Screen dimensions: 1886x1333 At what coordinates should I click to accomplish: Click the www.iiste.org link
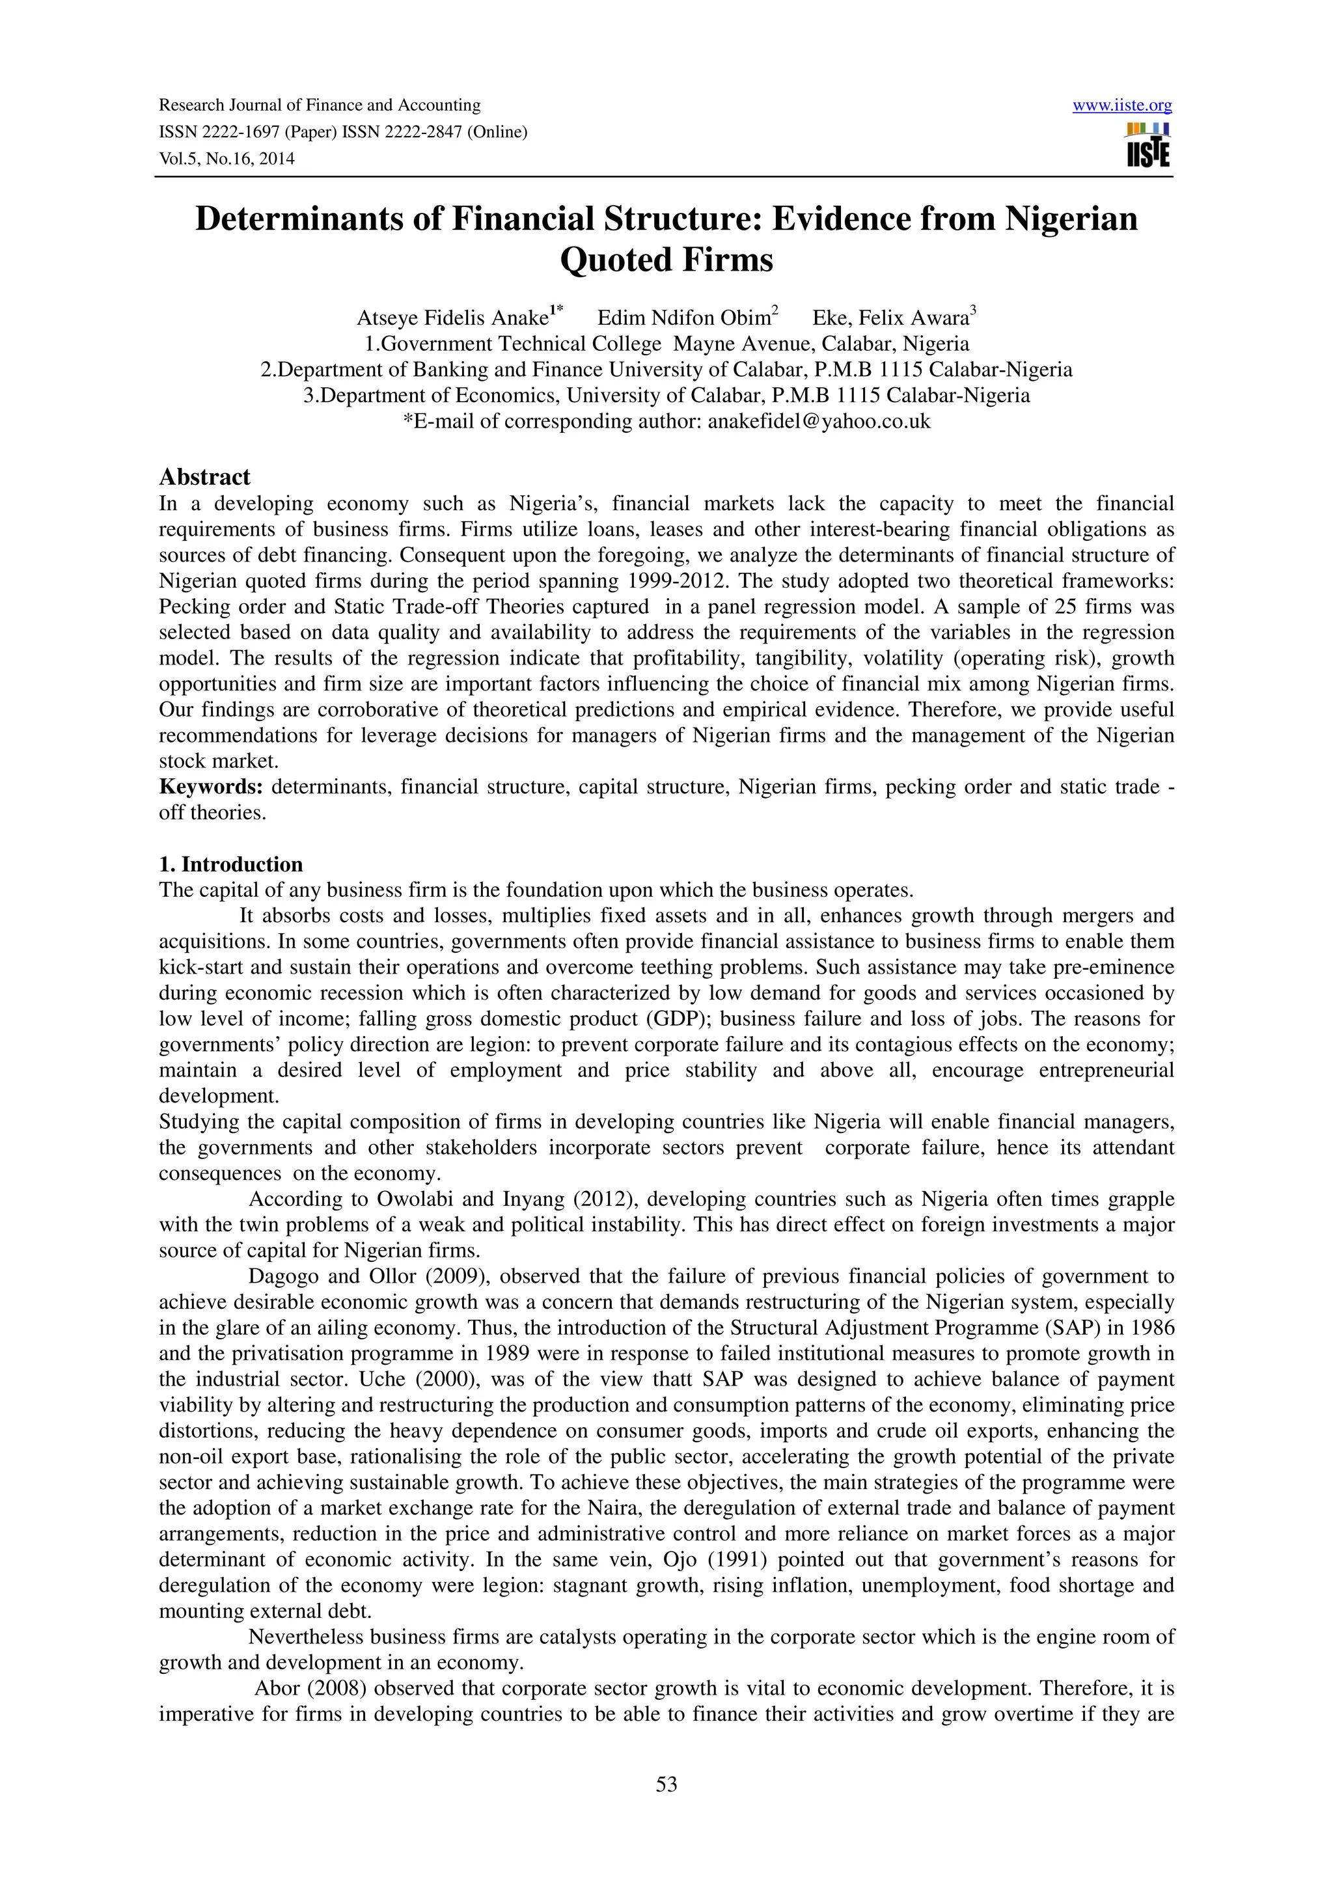tap(1122, 105)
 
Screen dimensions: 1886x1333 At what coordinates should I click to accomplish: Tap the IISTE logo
tap(1149, 146)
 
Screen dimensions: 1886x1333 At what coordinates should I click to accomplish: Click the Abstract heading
tap(204, 476)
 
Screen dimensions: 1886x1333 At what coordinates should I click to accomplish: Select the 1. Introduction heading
tap(231, 864)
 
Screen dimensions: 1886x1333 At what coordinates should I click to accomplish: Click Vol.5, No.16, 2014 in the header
tap(226, 159)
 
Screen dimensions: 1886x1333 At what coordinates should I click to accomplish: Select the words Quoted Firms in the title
tap(666, 260)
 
